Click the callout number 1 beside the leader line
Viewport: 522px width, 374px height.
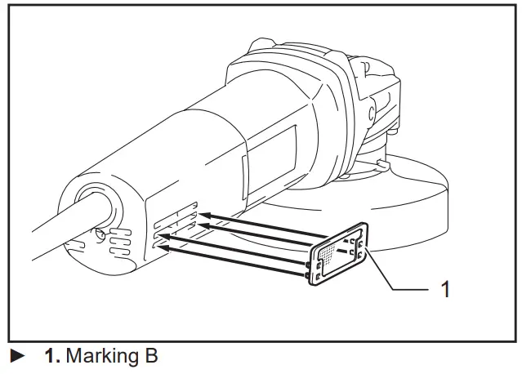444,288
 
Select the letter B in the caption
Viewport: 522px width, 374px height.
149,356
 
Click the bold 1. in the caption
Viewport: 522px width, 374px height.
52,356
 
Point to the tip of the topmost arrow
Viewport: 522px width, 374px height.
201,215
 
